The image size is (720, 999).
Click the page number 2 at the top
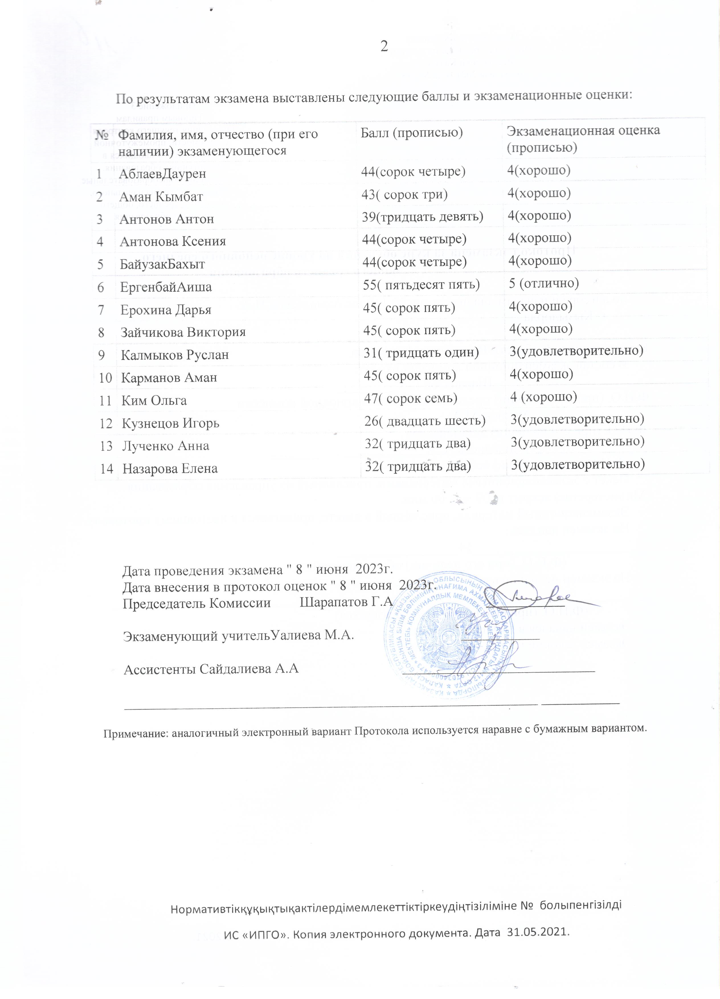pyautogui.click(x=384, y=46)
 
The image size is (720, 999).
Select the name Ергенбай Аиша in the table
pyautogui.click(x=166, y=287)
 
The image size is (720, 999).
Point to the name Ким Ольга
pyautogui.click(x=154, y=401)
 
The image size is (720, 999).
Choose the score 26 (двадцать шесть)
pyautogui.click(x=425, y=421)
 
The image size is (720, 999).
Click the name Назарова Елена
pyautogui.click(x=170, y=469)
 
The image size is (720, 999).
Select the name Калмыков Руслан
pyautogui.click(x=175, y=355)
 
